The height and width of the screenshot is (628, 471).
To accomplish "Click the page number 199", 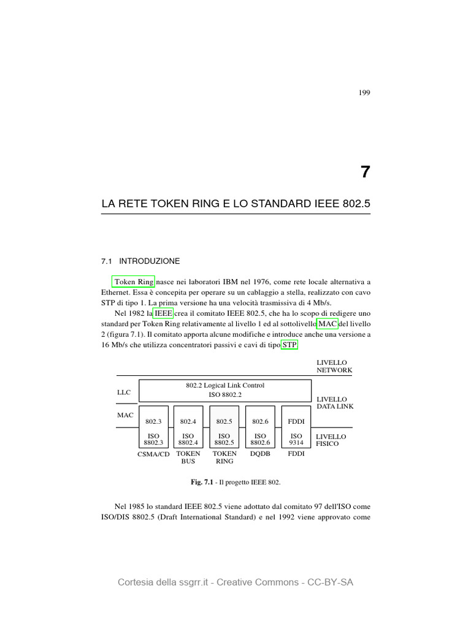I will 364,93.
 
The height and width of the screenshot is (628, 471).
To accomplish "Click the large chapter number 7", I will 365,172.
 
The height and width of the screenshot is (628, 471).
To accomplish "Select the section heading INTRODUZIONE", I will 149,261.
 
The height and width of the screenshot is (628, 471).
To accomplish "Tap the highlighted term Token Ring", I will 134,282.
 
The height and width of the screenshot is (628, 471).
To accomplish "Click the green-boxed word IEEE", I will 163,313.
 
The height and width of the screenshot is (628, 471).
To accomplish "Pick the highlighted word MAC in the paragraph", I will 327,324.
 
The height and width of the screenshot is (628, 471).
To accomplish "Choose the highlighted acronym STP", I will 289,345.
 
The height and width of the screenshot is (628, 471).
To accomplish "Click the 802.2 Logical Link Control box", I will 225,390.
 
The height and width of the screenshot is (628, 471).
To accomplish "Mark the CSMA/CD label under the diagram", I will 153,454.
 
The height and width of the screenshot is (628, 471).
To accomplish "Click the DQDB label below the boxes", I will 260,454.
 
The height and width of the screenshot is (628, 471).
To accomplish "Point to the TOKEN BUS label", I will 188,458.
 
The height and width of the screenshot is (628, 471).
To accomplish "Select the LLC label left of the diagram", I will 124,391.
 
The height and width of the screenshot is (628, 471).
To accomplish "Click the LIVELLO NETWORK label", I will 334,367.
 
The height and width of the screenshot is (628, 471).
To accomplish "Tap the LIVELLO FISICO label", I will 331,440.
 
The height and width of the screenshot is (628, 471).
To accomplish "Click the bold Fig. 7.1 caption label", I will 202,483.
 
